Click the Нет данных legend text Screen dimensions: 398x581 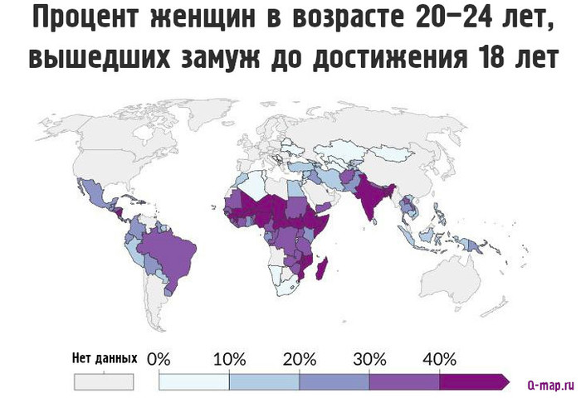[x=105, y=360]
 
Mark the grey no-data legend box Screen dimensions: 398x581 [x=105, y=381]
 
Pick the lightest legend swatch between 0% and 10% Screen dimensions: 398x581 [x=193, y=381]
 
